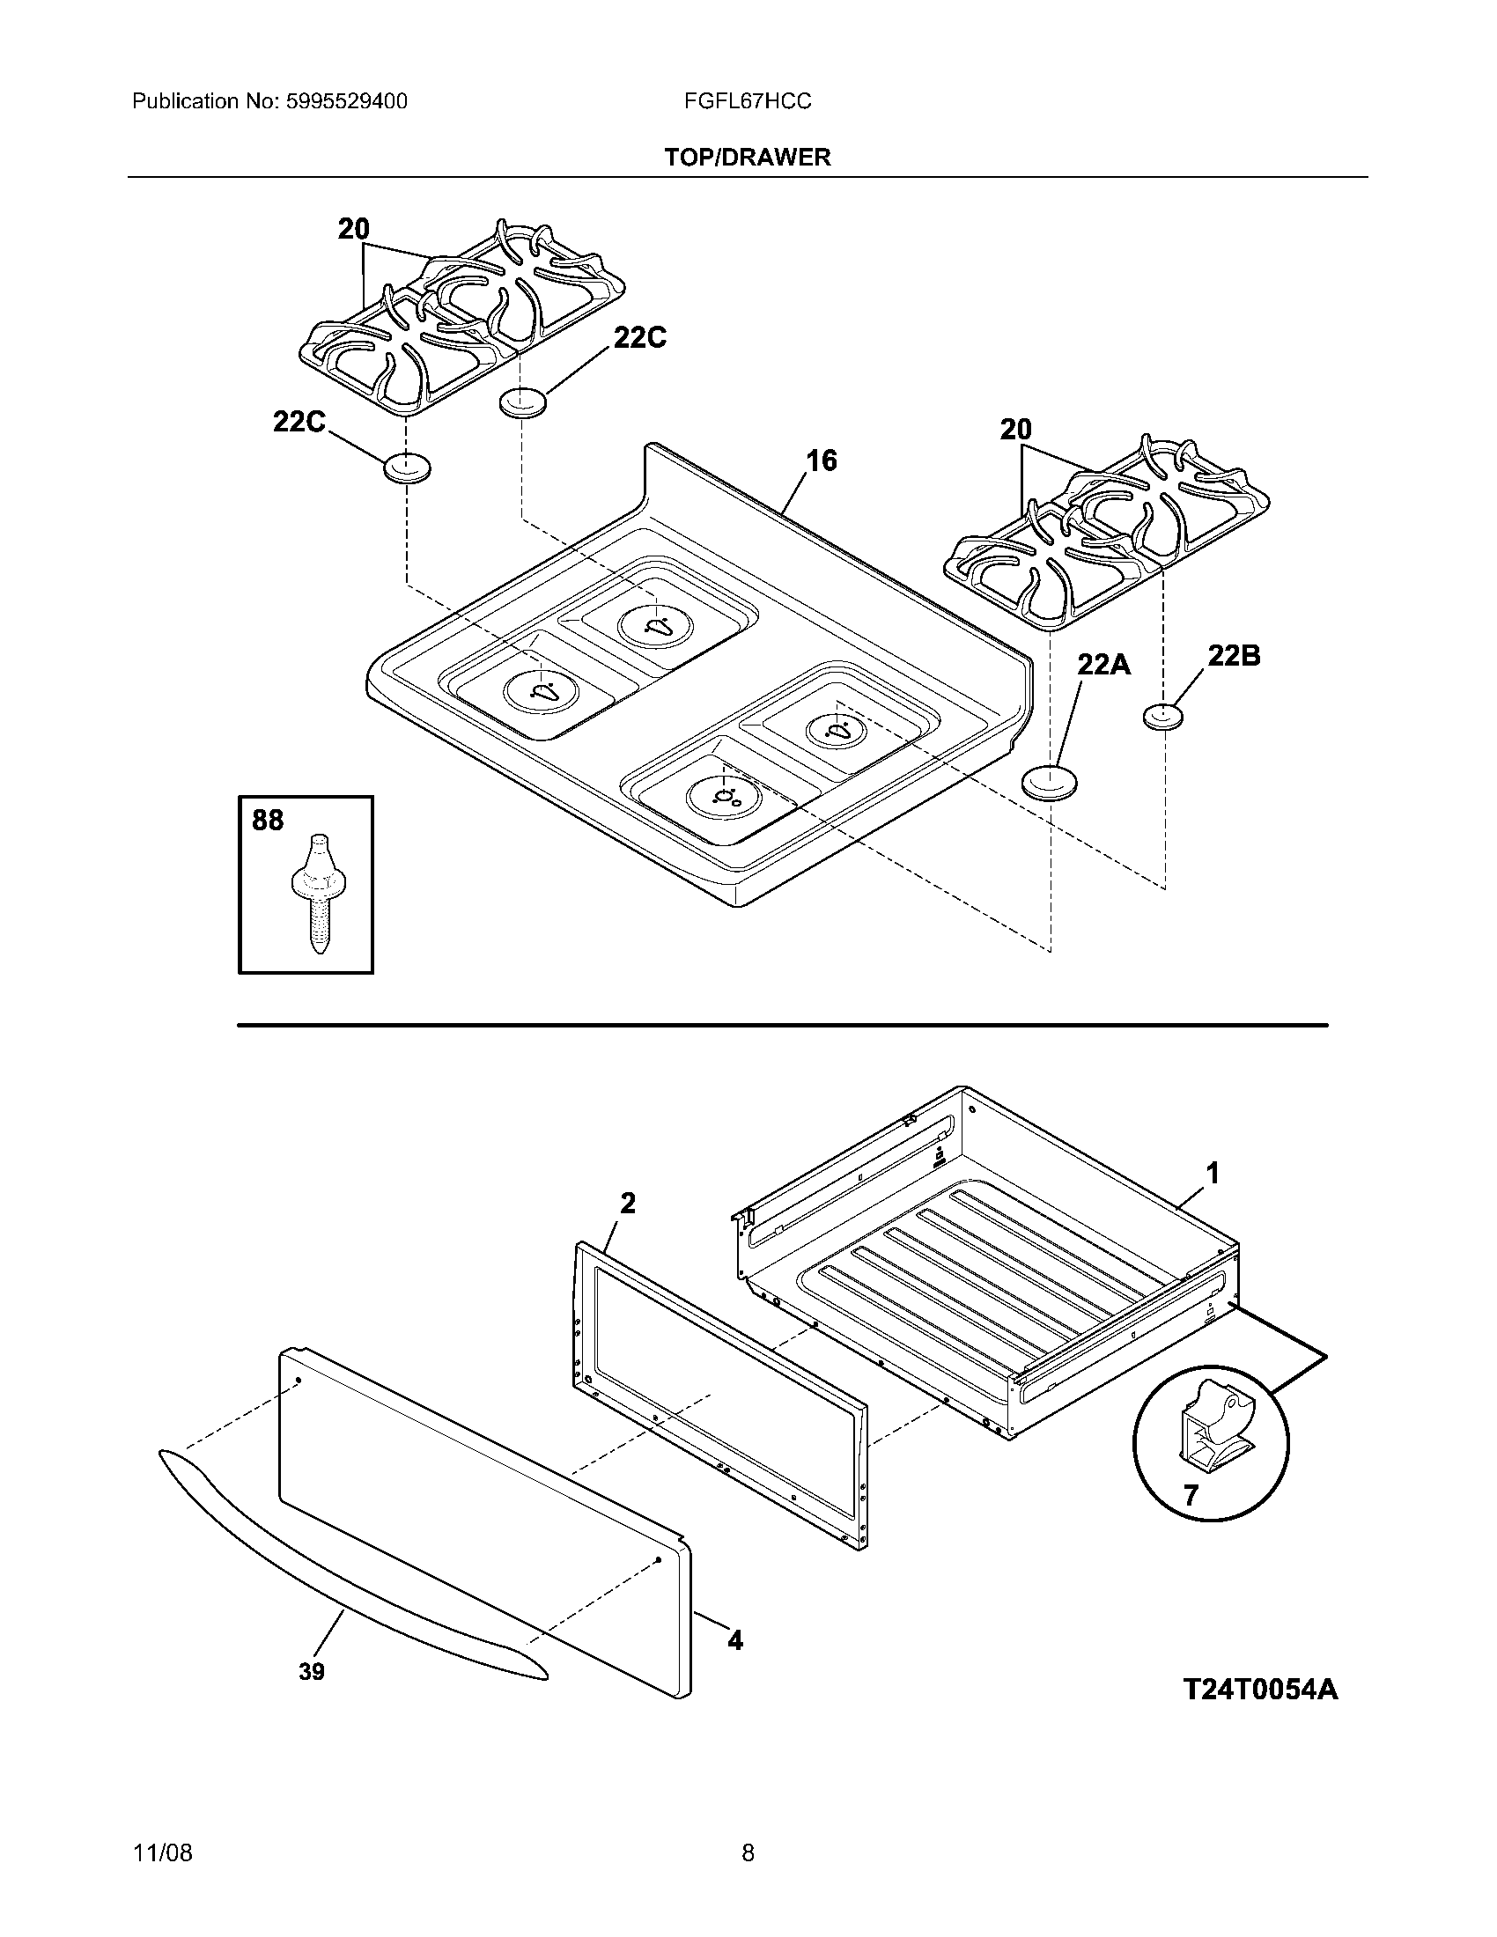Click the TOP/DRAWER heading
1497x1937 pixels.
click(748, 158)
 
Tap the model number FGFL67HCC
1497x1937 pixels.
click(748, 102)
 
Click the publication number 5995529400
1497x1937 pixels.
click(346, 102)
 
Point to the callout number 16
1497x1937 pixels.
click(822, 460)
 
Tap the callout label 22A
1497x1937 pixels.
click(1104, 664)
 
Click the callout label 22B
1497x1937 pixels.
click(1234, 655)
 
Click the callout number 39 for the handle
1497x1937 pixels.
click(311, 1672)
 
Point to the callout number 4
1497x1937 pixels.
click(735, 1641)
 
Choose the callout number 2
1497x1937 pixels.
click(627, 1204)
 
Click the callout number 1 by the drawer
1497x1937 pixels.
click(1212, 1174)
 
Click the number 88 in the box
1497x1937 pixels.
click(268, 821)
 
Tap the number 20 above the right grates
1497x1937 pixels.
click(1016, 431)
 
